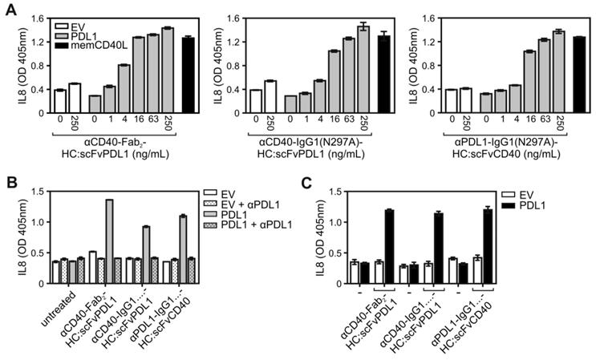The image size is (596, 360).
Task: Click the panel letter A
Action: [9, 8]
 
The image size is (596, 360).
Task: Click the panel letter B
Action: [9, 184]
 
